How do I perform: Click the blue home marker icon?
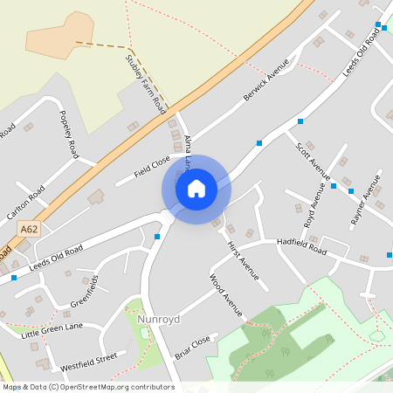[196, 188]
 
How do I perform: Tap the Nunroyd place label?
[158, 320]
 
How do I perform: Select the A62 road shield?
[29, 228]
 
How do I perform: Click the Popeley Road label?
[69, 134]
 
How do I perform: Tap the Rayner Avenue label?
[365, 200]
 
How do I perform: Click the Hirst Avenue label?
[243, 260]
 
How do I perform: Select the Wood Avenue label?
[225, 294]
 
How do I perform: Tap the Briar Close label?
[192, 347]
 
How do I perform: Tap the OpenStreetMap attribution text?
[87, 387]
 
